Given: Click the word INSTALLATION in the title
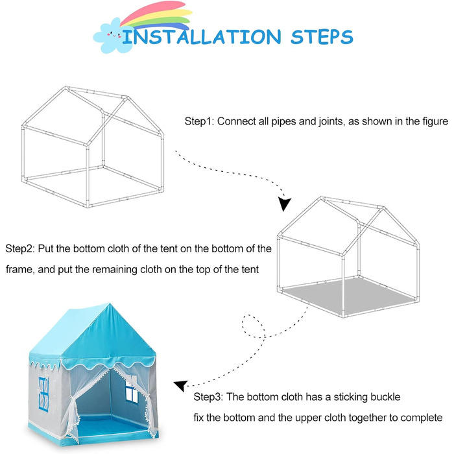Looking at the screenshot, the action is tap(202, 37).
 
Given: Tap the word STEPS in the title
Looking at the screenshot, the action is tap(322, 37).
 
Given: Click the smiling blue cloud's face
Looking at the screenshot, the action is tap(114, 35).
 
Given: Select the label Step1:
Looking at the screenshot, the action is tap(199, 121).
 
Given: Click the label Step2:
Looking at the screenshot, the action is tap(20, 248).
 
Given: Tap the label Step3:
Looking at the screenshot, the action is tap(208, 397).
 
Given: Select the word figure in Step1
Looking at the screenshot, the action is tap(435, 122).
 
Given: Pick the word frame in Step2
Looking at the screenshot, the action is tap(19, 270).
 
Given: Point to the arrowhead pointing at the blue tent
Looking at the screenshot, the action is tap(181, 386).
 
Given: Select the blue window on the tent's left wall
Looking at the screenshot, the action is tap(43, 394).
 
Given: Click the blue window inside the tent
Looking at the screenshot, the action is tap(132, 392).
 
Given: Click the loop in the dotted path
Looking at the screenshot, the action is tap(253, 326).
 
